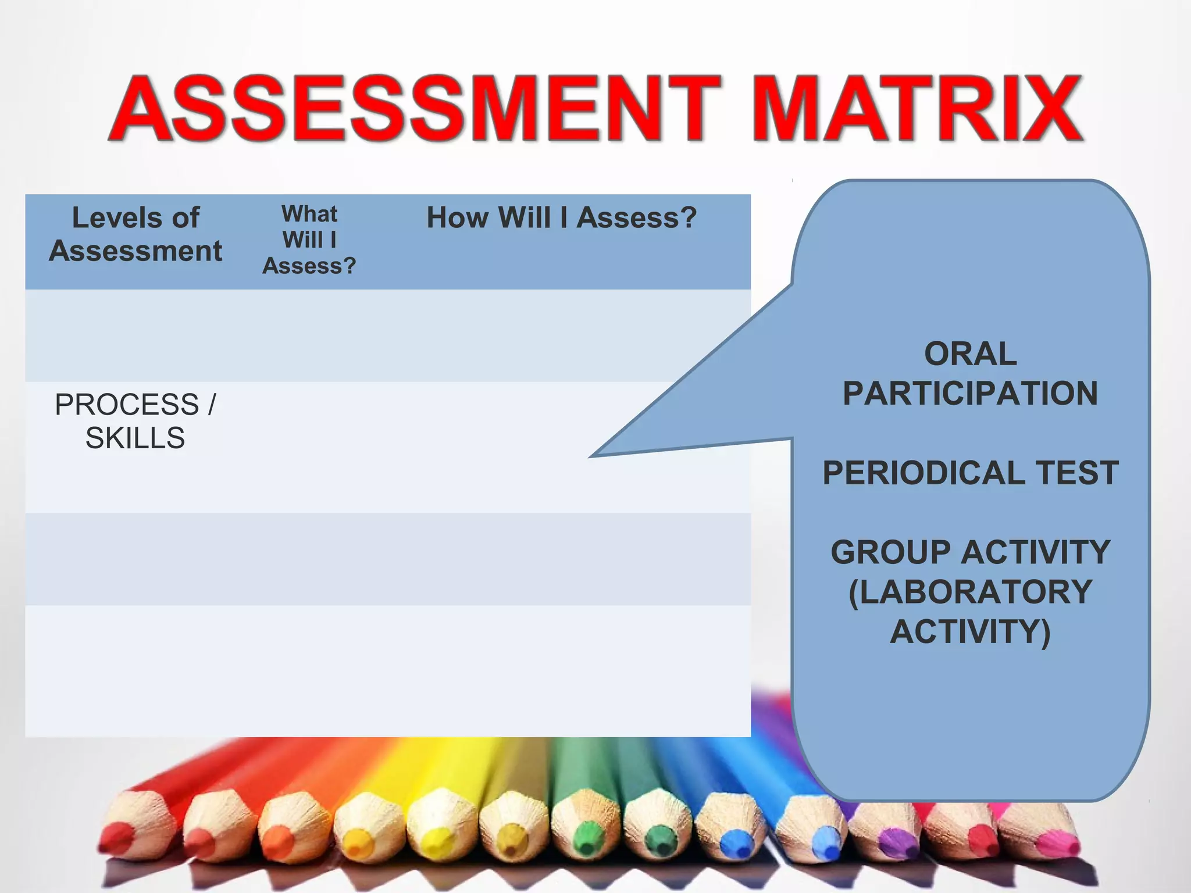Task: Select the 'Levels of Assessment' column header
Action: pyautogui.click(x=135, y=234)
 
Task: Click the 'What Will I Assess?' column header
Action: pyautogui.click(x=309, y=240)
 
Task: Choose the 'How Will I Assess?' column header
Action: pyautogui.click(x=561, y=218)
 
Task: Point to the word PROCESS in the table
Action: pyautogui.click(x=127, y=405)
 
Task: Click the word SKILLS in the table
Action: pyautogui.click(x=135, y=438)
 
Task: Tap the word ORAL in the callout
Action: pyautogui.click(x=970, y=354)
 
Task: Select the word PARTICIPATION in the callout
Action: pyautogui.click(x=970, y=394)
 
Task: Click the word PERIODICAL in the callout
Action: pyautogui.click(x=923, y=473)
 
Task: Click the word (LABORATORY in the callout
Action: pyautogui.click(x=970, y=592)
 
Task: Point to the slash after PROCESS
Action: pyautogui.click(x=211, y=405)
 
